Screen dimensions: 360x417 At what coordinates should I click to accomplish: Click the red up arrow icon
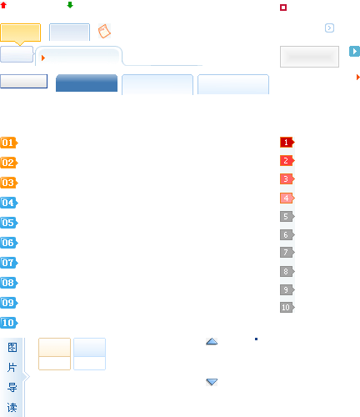pyautogui.click(x=3, y=5)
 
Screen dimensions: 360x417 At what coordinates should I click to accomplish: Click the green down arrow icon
pyautogui.click(x=70, y=5)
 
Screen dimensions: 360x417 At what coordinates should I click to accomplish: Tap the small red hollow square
pyautogui.click(x=283, y=8)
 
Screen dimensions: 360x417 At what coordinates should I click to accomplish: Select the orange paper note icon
pyautogui.click(x=104, y=31)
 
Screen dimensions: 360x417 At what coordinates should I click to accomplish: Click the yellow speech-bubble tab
pyautogui.click(x=21, y=33)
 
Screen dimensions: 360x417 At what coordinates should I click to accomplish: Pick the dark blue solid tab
pyautogui.click(x=87, y=83)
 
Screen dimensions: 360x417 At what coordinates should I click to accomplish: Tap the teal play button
pyautogui.click(x=354, y=52)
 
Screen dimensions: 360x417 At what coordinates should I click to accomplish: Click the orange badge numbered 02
pyautogui.click(x=9, y=163)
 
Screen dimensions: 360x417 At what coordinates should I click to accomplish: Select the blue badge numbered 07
pyautogui.click(x=9, y=263)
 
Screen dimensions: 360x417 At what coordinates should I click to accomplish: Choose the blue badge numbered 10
pyautogui.click(x=9, y=323)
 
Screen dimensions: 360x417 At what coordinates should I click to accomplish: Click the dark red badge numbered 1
pyautogui.click(x=287, y=143)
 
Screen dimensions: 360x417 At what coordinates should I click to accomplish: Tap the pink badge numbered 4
pyautogui.click(x=287, y=198)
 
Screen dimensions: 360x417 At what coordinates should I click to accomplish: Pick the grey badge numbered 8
pyautogui.click(x=287, y=271)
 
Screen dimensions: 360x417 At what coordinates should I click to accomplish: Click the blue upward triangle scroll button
pyautogui.click(x=212, y=341)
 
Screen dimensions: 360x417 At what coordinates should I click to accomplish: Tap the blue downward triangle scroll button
pyautogui.click(x=212, y=382)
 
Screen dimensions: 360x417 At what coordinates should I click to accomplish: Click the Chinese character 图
pyautogui.click(x=12, y=347)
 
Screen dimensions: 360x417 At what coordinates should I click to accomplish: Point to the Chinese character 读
pyautogui.click(x=12, y=408)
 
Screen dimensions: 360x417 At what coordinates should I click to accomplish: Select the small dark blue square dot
pyautogui.click(x=256, y=339)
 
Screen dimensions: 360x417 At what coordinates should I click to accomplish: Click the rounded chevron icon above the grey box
pyautogui.click(x=329, y=28)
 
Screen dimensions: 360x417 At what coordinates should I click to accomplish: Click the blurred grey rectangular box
pyautogui.click(x=309, y=57)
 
